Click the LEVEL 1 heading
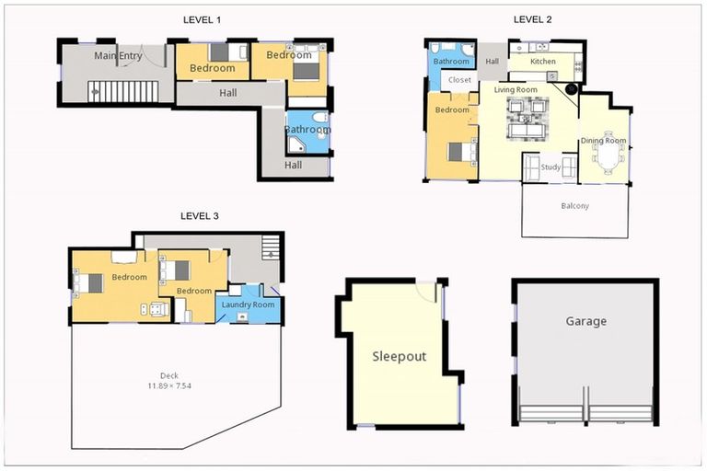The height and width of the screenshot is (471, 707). click(202, 20)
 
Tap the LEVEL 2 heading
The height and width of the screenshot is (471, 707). click(532, 19)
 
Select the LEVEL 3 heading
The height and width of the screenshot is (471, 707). click(199, 216)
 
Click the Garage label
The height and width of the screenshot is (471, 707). click(586, 321)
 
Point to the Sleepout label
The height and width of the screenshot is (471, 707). click(399, 357)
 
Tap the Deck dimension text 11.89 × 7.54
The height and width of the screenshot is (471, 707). click(169, 385)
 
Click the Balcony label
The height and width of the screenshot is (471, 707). click(574, 206)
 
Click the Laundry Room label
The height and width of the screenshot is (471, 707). click(248, 304)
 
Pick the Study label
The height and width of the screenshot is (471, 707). click(551, 167)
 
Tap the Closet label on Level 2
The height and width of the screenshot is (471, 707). click(459, 80)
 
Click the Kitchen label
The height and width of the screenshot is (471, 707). click(543, 62)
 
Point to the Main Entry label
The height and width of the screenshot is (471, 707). click(118, 56)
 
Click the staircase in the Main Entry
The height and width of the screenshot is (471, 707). click(123, 91)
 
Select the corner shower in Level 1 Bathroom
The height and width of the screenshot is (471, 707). click(296, 145)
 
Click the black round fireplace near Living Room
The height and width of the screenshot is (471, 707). click(572, 89)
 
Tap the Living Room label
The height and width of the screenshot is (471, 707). click(516, 90)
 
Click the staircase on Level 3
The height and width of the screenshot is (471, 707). click(271, 247)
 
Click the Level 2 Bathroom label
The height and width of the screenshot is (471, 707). click(451, 62)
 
